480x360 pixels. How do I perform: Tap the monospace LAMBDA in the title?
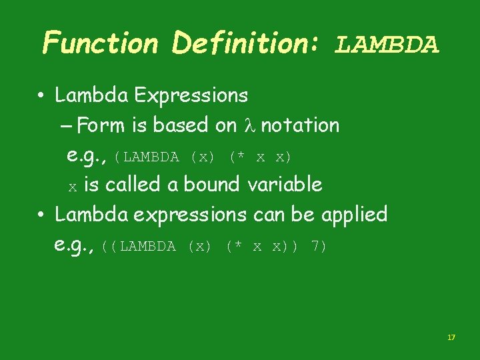pos(387,45)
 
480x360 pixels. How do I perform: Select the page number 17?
pos(451,338)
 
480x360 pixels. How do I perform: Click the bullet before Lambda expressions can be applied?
pos(41,215)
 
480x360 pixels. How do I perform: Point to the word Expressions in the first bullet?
pos(191,96)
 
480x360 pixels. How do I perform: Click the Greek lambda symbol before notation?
pos(249,125)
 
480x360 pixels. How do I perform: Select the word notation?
pos(300,125)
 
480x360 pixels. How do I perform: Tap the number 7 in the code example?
pos(318,247)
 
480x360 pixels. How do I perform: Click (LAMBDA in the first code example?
pos(147,157)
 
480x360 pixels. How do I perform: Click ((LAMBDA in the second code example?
pos(139,247)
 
